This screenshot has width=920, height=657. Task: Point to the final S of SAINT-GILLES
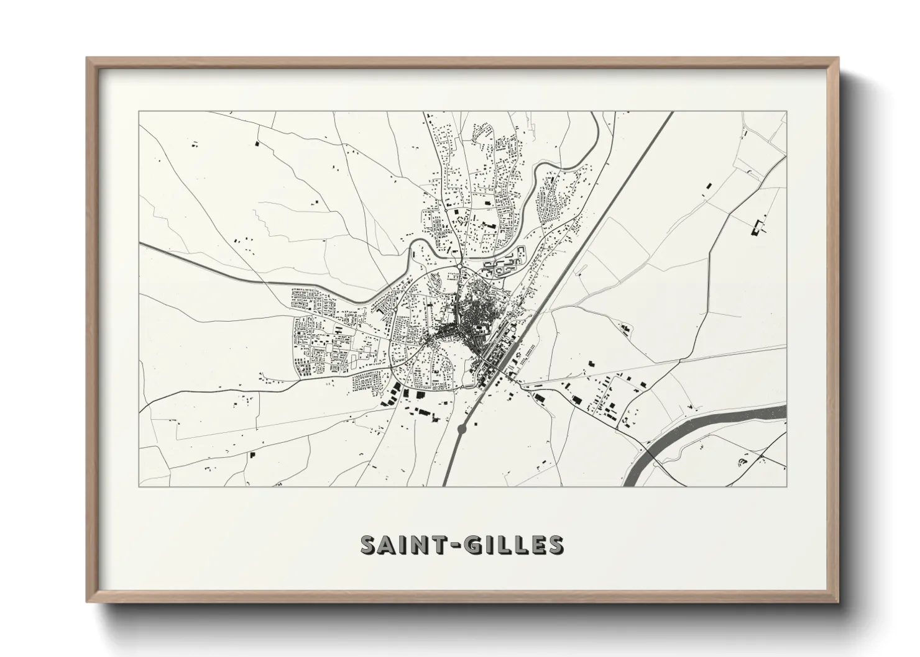[555, 545]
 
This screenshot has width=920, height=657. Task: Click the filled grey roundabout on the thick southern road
[462, 428]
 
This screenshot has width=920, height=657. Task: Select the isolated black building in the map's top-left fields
[256, 143]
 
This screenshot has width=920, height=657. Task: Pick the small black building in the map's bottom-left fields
[252, 455]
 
